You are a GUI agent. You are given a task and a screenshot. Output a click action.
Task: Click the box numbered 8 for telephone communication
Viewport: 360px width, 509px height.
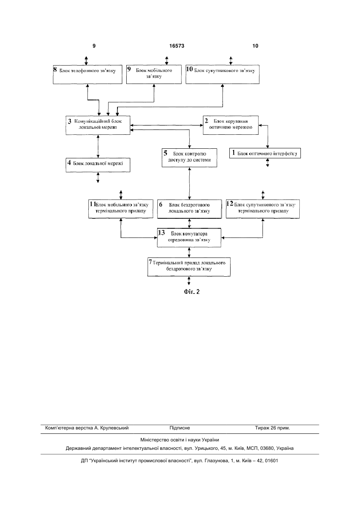[x=88, y=74]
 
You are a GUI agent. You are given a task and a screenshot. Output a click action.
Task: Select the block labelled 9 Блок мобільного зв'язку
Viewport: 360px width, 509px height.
[x=154, y=74]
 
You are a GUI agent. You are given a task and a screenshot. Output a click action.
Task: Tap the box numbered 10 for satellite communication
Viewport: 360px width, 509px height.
[x=223, y=74]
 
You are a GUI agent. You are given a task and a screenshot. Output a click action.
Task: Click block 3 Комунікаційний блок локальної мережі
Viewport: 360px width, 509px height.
[x=98, y=125]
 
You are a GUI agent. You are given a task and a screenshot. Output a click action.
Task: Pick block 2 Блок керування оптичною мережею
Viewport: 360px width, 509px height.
[x=231, y=125]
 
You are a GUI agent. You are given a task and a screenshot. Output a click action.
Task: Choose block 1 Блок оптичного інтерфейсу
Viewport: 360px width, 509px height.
[x=265, y=153]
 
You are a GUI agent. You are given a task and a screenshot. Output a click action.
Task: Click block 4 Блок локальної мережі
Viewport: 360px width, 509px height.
[x=98, y=165]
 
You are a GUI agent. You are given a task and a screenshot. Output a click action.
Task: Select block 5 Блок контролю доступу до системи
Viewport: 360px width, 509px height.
[x=189, y=158]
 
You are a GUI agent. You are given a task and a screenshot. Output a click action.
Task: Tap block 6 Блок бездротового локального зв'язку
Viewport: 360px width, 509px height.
[x=189, y=209]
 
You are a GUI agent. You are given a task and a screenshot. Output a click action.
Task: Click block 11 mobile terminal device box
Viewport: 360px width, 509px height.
[x=121, y=209]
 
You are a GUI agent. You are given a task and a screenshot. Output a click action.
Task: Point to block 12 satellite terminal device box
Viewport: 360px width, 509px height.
[x=263, y=209]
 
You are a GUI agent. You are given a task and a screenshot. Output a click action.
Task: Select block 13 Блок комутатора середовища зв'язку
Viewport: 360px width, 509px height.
[x=189, y=238]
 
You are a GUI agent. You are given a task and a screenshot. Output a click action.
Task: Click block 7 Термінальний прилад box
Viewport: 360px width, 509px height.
[x=189, y=267]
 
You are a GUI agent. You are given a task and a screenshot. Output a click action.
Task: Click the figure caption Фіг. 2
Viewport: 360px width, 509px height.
[x=192, y=292]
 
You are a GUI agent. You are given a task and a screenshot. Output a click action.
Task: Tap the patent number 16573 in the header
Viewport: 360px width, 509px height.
[x=177, y=46]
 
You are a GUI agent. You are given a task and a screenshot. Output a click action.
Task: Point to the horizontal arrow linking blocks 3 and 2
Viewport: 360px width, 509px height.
[x=167, y=125]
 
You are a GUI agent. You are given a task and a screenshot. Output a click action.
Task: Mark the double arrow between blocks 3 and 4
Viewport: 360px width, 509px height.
[x=98, y=146]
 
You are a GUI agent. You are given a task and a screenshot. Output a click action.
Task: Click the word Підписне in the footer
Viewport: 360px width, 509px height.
[x=180, y=428]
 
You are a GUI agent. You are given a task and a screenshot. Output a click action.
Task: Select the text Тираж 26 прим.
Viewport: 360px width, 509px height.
[x=272, y=428]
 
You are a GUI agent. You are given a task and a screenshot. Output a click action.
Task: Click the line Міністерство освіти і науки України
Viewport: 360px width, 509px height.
[x=180, y=440]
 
